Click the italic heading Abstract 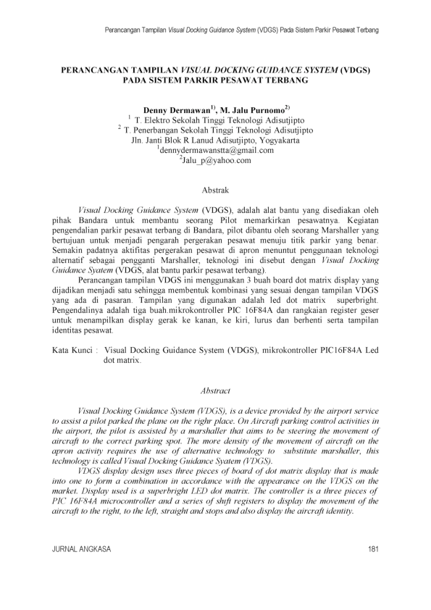click(215, 390)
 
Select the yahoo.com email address click(215, 160)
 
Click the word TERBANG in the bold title click(283, 81)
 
